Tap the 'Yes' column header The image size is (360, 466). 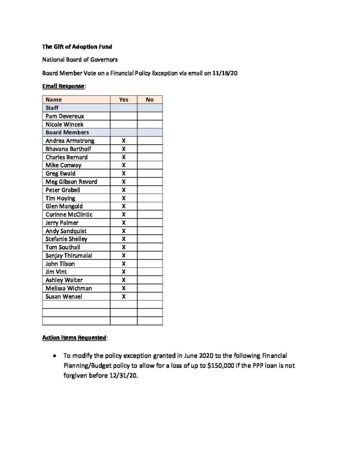click(123, 100)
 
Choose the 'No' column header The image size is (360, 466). click(150, 100)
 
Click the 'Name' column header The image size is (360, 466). click(54, 100)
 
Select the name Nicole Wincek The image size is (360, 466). click(65, 124)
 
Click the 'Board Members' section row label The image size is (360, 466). click(67, 132)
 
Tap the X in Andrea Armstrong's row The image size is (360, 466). click(123, 141)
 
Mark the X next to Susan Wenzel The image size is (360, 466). click(123, 296)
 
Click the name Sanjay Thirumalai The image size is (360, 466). click(69, 255)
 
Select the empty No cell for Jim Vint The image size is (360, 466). click(150, 272)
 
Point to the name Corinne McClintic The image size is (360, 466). click(68, 214)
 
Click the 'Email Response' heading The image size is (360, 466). click(63, 86)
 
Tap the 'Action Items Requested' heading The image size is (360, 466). click(74, 338)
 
